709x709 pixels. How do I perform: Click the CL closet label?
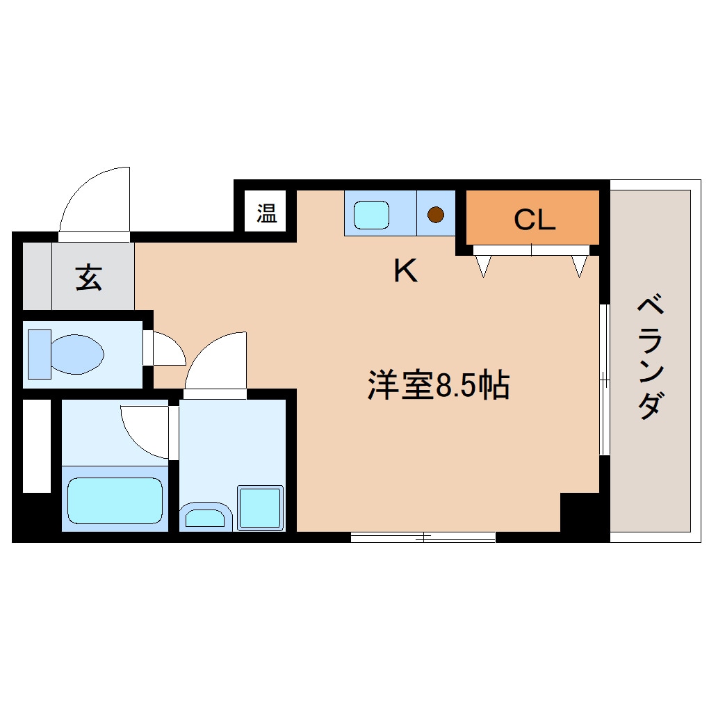(x=535, y=220)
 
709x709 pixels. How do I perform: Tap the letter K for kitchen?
(x=405, y=271)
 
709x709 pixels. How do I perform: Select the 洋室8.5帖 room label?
(x=438, y=386)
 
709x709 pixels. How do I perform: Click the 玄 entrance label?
(x=88, y=277)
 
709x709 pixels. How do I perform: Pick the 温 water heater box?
(x=266, y=213)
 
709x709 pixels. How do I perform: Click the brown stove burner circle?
(x=435, y=215)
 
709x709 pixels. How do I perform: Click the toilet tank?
(x=39, y=354)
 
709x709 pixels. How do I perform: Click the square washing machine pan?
(x=261, y=507)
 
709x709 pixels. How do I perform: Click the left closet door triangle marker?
(x=484, y=264)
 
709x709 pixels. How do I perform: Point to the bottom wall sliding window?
(x=423, y=537)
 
